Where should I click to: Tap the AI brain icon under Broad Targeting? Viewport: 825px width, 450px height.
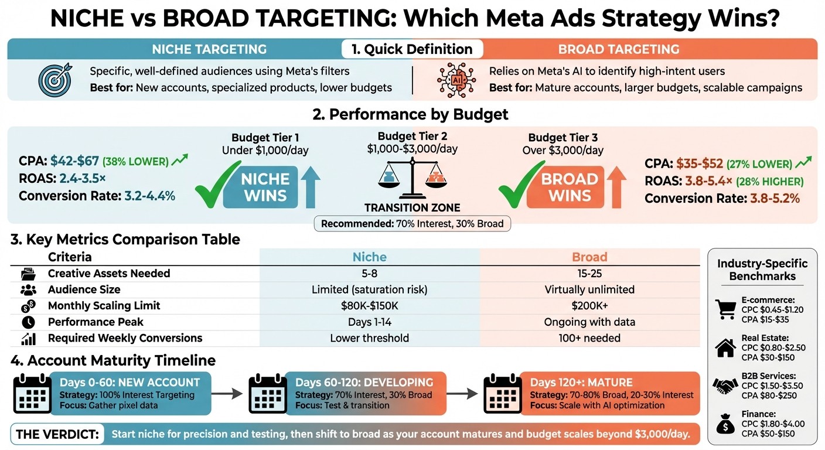455,80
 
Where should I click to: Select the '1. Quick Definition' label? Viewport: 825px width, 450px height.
412,49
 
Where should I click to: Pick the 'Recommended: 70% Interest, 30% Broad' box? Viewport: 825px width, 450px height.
412,223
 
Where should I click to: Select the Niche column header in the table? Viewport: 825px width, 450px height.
369,257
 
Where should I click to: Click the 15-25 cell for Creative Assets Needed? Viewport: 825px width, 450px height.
589,273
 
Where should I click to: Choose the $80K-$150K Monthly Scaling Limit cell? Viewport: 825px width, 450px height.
369,305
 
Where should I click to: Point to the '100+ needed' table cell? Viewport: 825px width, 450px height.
589,337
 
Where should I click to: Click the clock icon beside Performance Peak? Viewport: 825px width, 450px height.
28,322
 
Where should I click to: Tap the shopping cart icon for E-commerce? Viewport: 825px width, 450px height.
725,308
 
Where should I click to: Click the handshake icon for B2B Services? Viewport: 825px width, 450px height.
725,386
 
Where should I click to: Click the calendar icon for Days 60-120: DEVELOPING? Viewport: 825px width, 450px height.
268,393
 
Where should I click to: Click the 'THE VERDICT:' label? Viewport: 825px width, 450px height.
56,434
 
